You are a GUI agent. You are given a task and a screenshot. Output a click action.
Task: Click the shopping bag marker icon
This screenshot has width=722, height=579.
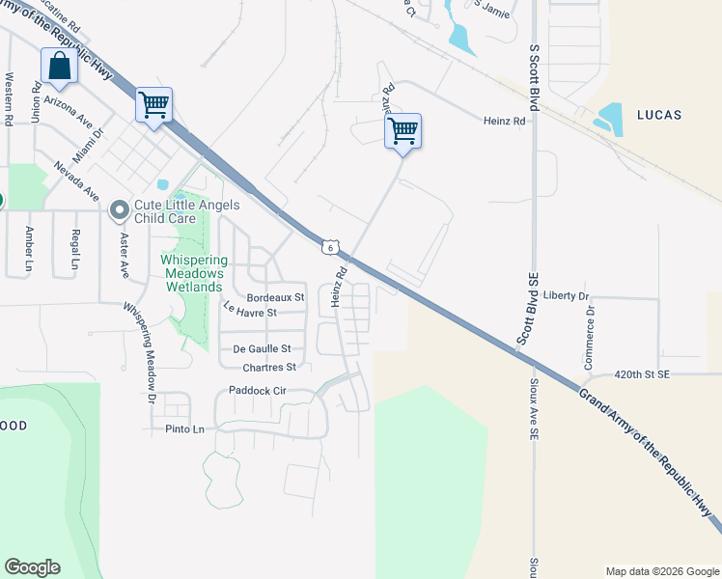pyautogui.click(x=60, y=68)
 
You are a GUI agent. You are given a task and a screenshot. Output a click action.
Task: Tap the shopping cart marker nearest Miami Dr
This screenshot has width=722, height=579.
pyautogui.click(x=154, y=104)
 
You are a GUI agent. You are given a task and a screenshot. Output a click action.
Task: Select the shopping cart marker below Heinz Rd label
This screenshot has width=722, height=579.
pyautogui.click(x=403, y=129)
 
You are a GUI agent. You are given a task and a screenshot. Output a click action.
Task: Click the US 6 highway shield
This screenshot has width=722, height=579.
pyautogui.click(x=330, y=247)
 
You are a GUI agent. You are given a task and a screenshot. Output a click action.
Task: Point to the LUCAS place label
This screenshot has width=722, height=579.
pyautogui.click(x=659, y=115)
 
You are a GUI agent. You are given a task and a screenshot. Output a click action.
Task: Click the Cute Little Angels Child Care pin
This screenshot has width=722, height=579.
pyautogui.click(x=120, y=209)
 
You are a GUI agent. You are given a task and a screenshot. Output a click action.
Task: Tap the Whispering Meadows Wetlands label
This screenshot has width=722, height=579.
pyautogui.click(x=193, y=274)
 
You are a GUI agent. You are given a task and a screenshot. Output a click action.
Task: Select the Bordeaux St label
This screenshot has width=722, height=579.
pyautogui.click(x=275, y=297)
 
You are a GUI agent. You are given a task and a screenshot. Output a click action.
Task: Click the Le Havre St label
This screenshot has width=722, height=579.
pyautogui.click(x=250, y=311)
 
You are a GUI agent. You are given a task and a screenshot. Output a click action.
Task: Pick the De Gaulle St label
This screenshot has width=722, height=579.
pyautogui.click(x=262, y=348)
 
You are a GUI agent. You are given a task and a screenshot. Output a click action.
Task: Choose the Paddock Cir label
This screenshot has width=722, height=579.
pyautogui.click(x=258, y=391)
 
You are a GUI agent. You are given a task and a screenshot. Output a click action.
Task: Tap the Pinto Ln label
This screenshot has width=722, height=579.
pyautogui.click(x=185, y=428)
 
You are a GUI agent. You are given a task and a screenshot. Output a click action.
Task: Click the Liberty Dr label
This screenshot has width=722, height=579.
pyautogui.click(x=566, y=294)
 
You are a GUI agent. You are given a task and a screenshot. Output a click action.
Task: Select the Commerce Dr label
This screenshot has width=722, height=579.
pyautogui.click(x=589, y=339)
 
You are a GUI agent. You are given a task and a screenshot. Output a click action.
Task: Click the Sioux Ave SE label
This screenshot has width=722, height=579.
pyautogui.click(x=533, y=410)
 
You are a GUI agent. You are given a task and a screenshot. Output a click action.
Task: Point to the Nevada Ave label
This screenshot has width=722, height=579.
pyautogui.click(x=77, y=179)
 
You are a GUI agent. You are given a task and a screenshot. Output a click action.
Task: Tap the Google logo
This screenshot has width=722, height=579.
pyautogui.click(x=33, y=567)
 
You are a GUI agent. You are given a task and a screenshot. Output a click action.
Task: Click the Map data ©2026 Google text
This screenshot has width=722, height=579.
pyautogui.click(x=662, y=571)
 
